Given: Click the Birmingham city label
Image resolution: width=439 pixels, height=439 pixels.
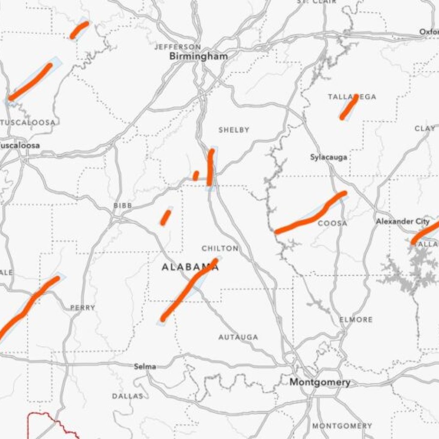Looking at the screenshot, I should click(x=198, y=56).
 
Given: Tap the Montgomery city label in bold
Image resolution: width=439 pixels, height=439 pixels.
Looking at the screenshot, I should click(x=320, y=382).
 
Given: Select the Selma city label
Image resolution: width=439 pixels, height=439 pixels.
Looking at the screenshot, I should click(x=145, y=367).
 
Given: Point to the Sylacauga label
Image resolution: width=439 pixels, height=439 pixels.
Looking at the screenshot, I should click(x=329, y=157).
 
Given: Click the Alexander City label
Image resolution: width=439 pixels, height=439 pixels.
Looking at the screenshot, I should click(x=403, y=221).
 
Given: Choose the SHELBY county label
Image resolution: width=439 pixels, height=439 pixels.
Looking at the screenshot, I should click(x=234, y=129).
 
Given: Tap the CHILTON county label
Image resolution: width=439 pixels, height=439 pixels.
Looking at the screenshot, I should click(x=220, y=248).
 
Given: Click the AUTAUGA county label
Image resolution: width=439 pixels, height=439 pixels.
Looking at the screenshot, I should click(x=238, y=337).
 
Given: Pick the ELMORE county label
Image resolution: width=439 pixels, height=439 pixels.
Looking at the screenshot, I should click(x=356, y=319).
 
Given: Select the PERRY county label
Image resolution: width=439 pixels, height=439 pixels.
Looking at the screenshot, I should click(x=83, y=307).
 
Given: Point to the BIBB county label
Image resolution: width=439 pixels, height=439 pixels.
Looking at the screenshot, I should click(x=123, y=206).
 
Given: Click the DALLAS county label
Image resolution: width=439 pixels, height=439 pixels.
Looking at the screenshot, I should click(x=128, y=396).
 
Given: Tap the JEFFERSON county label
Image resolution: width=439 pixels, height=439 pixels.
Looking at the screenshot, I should click(x=177, y=46).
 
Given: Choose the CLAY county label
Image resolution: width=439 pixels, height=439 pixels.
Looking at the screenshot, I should click(x=425, y=129).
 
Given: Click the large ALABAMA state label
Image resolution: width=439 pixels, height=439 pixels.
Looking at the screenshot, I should click(x=190, y=267).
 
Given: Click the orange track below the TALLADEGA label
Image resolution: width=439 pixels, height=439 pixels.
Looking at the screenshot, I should click(x=349, y=107).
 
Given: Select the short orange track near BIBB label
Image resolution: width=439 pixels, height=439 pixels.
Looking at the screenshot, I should click(x=165, y=217).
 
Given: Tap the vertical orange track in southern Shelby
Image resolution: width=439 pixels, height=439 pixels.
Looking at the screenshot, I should click(x=210, y=168).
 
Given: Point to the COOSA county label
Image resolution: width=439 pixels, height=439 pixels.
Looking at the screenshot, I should click(x=333, y=223).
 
